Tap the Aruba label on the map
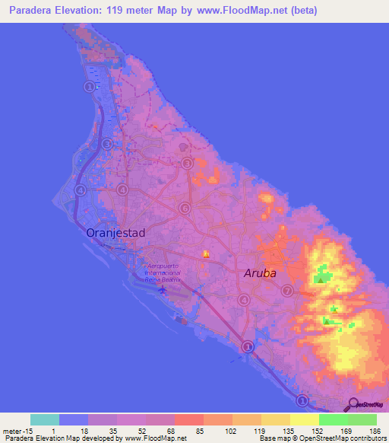[x=259, y=272]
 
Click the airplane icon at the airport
[x=161, y=288]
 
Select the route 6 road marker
[x=184, y=208]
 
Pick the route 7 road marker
[x=286, y=291]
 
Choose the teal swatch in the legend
[x=45, y=419]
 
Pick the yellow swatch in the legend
[x=304, y=419]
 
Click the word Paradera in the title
[x=27, y=11]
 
